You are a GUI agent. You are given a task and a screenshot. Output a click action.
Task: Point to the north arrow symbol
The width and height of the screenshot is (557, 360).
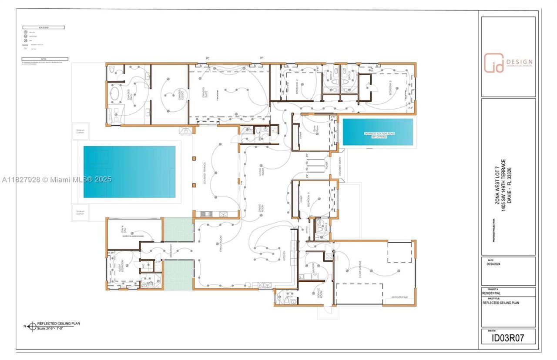[31, 326]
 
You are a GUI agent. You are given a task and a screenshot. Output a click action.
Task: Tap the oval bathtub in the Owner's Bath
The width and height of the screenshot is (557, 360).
[115, 94]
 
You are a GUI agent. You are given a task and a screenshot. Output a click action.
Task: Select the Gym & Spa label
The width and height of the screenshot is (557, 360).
[122, 228]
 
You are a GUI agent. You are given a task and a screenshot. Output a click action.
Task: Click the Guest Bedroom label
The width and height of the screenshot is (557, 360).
[121, 266]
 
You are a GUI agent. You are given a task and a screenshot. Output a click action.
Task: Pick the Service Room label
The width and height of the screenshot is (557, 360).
[319, 295]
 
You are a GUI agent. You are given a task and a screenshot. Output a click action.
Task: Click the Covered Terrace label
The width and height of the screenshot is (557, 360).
[205, 174]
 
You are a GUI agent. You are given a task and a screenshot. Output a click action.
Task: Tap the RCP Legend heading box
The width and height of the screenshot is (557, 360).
[43, 27]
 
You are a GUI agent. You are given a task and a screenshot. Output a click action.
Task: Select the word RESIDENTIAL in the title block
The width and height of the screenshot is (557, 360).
[491, 293]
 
